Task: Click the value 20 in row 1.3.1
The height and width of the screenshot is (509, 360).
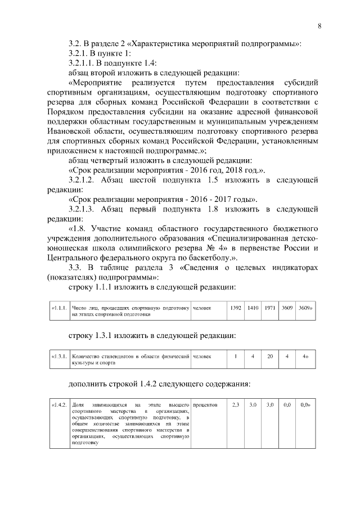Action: point(270,356)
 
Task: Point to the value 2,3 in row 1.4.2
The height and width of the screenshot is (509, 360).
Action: point(236,404)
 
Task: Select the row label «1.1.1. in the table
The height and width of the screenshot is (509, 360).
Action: point(59,308)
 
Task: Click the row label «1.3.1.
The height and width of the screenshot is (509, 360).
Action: point(59,357)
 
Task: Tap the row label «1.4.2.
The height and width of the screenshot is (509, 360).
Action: point(59,405)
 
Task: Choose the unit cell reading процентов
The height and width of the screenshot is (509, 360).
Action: point(206,404)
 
